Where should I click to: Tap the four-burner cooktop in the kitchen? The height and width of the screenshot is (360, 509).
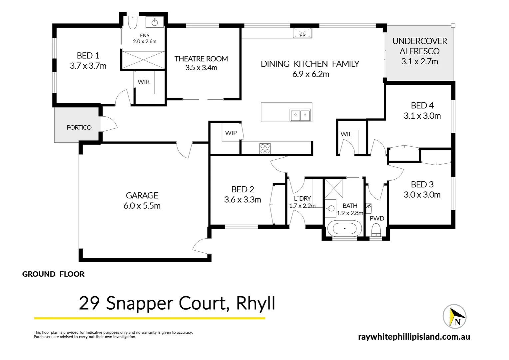[265, 149]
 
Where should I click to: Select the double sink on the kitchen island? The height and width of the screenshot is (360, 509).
[300, 115]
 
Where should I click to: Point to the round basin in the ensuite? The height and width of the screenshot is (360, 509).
[155, 22]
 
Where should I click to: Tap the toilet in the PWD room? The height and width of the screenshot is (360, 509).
[376, 230]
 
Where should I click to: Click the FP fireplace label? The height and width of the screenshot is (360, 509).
[302, 35]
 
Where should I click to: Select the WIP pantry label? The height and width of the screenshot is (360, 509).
[231, 133]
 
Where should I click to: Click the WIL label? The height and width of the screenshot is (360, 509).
[346, 134]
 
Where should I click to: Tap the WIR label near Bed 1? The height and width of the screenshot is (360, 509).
[144, 82]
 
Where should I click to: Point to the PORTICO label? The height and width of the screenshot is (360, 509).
[79, 127]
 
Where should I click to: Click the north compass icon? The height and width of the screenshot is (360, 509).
[454, 317]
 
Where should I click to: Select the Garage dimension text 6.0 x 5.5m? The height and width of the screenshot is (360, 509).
[142, 206]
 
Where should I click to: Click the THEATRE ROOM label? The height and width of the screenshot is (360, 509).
[201, 59]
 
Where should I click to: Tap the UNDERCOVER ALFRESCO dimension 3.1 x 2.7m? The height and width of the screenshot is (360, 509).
[419, 62]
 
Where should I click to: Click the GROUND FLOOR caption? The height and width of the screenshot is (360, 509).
[53, 274]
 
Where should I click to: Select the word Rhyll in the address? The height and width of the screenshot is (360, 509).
[255, 303]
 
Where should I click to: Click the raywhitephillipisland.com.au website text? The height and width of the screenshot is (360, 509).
[414, 337]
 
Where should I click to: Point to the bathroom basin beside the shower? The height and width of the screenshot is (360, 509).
[330, 209]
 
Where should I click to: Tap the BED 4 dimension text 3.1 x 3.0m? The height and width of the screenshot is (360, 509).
[422, 116]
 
